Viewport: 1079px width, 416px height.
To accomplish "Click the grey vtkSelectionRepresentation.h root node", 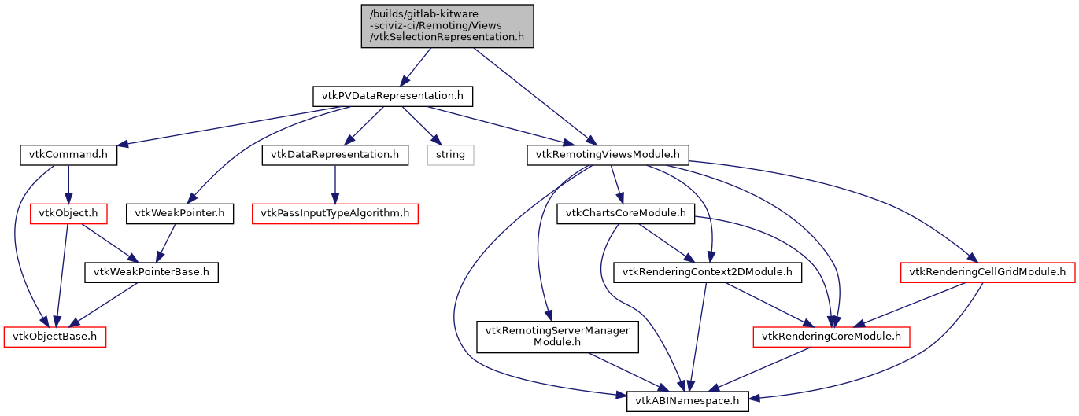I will point(447,26).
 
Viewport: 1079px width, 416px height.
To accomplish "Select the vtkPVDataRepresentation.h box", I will point(393,96).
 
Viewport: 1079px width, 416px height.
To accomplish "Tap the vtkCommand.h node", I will point(68,155).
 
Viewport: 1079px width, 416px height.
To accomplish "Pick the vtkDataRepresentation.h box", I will point(335,155).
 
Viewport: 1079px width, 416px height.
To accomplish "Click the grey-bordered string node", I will point(451,155).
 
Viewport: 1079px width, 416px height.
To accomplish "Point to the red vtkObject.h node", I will point(68,213).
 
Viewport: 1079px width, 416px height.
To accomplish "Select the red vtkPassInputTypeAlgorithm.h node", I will point(334,213).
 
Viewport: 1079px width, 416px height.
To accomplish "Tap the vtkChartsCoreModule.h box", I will point(626,213).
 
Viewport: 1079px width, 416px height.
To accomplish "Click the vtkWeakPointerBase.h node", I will point(151,272).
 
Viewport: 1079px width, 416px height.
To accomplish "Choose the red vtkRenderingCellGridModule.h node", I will point(988,272).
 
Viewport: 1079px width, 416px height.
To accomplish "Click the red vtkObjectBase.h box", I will point(54,337).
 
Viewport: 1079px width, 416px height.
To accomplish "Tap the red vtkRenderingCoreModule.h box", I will point(832,337).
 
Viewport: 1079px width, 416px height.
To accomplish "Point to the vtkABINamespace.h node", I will point(687,401).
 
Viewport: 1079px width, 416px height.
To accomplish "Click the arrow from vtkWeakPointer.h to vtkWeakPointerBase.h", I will point(167,242).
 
